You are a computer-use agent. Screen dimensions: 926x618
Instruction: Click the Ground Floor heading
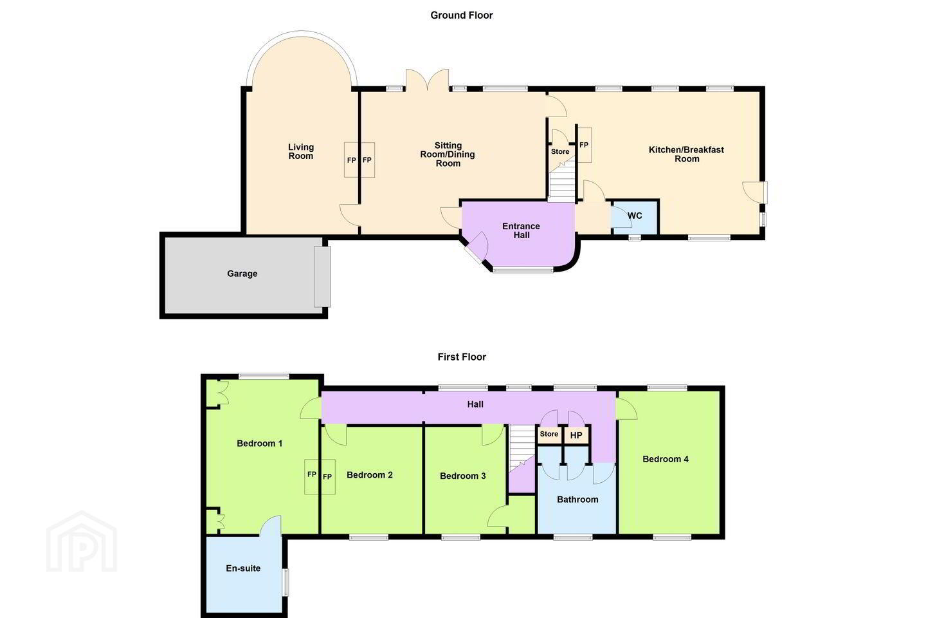click(x=461, y=15)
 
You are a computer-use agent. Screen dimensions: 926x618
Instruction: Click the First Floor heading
click(x=462, y=357)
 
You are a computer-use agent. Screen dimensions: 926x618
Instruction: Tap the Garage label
click(x=242, y=274)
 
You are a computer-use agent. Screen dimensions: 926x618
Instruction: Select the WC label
click(x=635, y=216)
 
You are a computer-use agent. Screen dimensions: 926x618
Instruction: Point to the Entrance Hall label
click(x=522, y=230)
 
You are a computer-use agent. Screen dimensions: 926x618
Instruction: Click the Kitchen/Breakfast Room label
click(x=686, y=154)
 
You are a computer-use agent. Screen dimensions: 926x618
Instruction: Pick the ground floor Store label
click(x=560, y=151)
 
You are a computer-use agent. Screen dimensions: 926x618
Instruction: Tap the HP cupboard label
click(x=576, y=435)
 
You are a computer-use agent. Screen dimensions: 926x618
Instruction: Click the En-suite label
click(x=243, y=568)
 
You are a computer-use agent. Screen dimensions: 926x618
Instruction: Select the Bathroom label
click(x=577, y=499)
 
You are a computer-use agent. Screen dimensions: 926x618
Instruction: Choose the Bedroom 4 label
click(x=666, y=458)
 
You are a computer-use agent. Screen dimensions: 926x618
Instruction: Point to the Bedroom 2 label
click(x=370, y=475)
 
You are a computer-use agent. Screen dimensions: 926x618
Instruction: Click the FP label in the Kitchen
click(x=584, y=145)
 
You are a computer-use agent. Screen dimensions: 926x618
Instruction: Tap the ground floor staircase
click(x=562, y=180)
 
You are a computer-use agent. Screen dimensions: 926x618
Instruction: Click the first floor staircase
click(x=522, y=448)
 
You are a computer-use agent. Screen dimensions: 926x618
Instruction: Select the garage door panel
click(x=322, y=277)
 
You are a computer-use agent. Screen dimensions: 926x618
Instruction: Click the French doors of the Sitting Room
click(x=427, y=80)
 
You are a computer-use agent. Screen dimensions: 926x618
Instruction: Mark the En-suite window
click(x=286, y=582)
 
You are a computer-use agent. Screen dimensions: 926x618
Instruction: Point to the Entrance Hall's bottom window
click(x=523, y=270)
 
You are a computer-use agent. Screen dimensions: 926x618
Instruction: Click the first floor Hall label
click(x=475, y=404)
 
